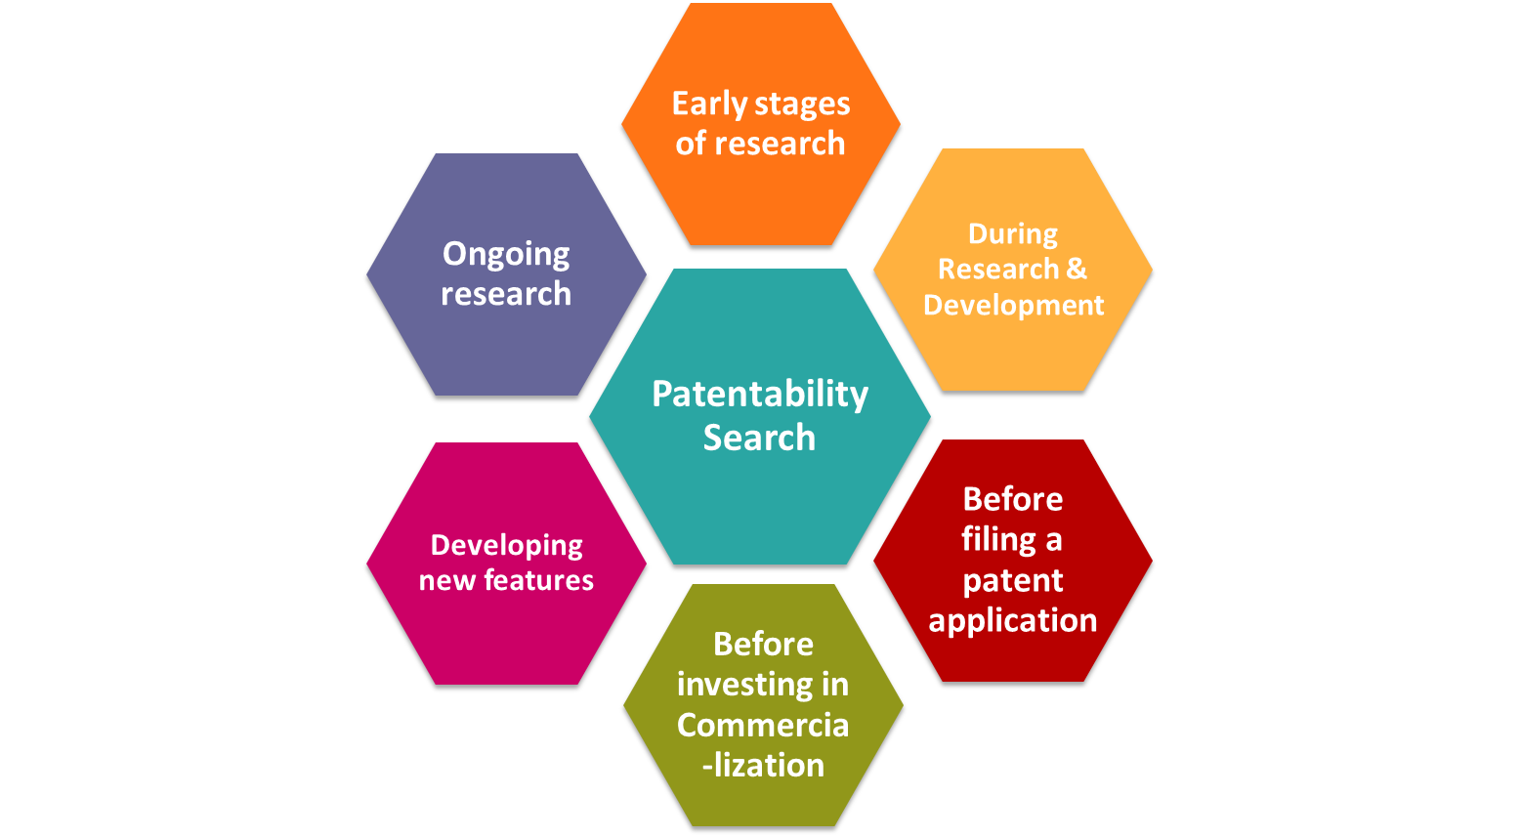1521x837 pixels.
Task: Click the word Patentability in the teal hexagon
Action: point(760,396)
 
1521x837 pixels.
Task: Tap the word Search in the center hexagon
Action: point(759,438)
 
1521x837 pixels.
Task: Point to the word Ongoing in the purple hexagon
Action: point(506,256)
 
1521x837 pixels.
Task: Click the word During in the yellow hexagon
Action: point(1013,234)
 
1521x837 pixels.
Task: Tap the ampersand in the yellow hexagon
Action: point(1077,269)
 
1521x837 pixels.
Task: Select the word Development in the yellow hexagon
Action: point(1014,306)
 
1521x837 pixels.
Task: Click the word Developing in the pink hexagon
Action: point(507,546)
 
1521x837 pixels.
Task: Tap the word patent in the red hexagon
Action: point(1012,581)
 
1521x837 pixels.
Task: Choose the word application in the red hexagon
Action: point(1012,621)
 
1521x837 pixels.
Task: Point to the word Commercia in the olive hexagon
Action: point(763,725)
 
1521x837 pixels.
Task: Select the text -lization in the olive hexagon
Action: point(763,765)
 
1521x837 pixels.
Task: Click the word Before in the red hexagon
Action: point(1012,500)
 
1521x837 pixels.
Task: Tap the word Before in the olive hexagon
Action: point(763,645)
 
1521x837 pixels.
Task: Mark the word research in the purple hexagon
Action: point(506,294)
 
